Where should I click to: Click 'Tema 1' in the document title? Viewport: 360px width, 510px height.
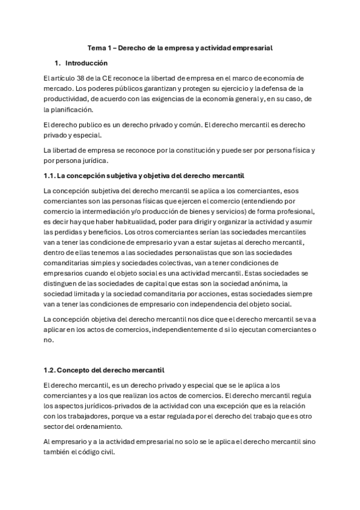click(x=99, y=47)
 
